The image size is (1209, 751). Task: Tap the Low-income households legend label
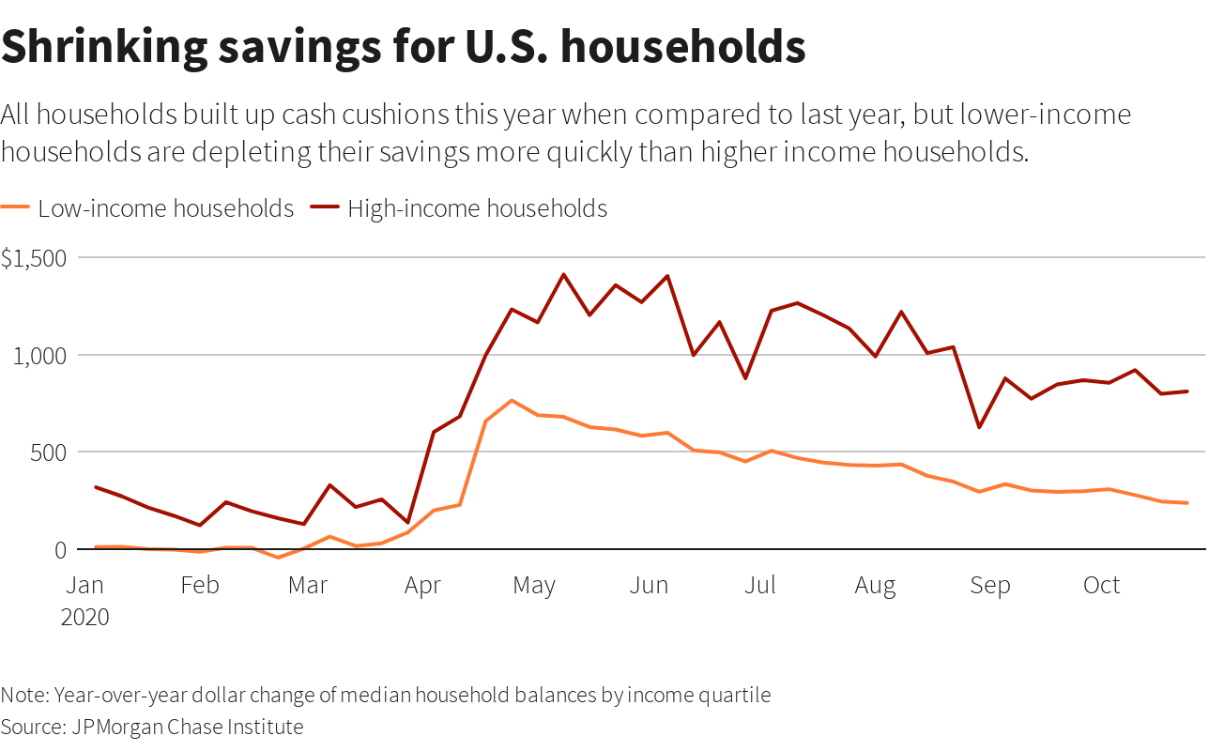click(165, 208)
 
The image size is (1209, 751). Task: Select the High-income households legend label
click(477, 208)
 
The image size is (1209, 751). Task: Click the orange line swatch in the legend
click(16, 208)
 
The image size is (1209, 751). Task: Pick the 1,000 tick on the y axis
click(40, 355)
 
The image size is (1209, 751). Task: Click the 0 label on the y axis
click(61, 550)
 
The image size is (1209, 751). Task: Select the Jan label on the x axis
click(85, 586)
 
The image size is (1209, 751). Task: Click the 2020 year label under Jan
click(85, 617)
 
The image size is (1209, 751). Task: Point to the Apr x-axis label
click(422, 586)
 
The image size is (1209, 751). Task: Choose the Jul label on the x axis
click(759, 586)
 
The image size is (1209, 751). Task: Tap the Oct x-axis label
click(1101, 586)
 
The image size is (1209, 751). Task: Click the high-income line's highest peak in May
click(563, 275)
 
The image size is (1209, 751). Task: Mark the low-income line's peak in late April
click(512, 401)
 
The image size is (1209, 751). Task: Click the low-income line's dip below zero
click(278, 558)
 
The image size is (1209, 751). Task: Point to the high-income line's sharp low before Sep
click(979, 427)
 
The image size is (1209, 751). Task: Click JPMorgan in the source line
click(122, 727)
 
